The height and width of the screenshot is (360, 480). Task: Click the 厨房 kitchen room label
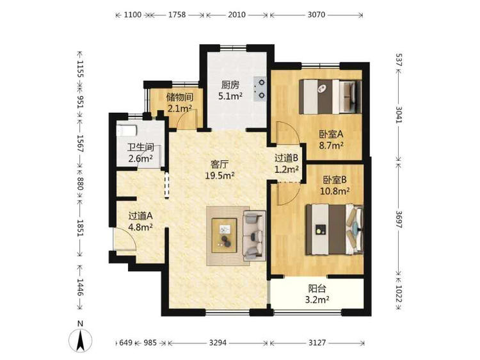(230, 85)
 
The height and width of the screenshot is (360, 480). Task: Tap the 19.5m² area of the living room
(220, 176)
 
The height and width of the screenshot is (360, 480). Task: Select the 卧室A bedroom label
(332, 134)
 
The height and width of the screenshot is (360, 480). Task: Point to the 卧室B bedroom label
(335, 179)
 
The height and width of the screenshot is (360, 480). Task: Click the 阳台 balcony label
(317, 289)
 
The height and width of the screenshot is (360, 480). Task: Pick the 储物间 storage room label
(180, 97)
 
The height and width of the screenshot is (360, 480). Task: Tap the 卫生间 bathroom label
(141, 148)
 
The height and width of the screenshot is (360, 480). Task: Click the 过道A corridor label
(141, 217)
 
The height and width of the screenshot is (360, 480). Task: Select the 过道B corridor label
(287, 158)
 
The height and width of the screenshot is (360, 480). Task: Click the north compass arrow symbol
(80, 340)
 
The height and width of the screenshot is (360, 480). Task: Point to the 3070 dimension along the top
(317, 14)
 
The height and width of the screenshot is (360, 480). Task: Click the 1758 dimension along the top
(177, 14)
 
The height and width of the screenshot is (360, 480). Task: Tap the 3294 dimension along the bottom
(218, 342)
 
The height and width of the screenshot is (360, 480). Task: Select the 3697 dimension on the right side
(399, 219)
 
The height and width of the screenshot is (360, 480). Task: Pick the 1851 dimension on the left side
(80, 227)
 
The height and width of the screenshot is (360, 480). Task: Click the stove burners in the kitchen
(260, 89)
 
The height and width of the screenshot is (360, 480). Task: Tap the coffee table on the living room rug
(225, 235)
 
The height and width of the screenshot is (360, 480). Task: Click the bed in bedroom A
(330, 97)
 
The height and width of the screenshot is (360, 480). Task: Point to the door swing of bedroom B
(288, 194)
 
